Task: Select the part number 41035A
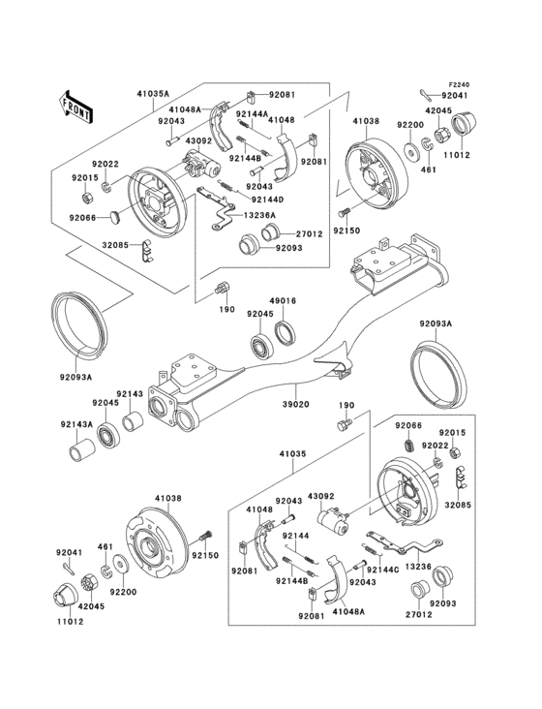coord(153,95)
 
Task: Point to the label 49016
coord(283,301)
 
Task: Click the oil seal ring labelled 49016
coord(287,334)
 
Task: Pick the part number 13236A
coord(259,214)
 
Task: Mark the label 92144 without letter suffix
coord(296,535)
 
